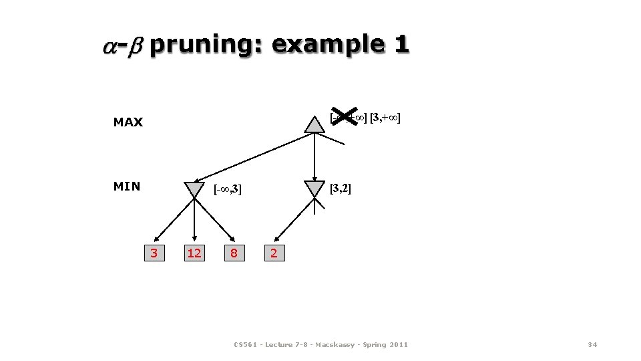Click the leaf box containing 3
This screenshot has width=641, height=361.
pyautogui.click(x=154, y=253)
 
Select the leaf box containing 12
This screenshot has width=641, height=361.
pyautogui.click(x=194, y=253)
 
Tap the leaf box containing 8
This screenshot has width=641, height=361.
pyautogui.click(x=234, y=253)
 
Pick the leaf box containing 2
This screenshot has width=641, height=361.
pyautogui.click(x=274, y=253)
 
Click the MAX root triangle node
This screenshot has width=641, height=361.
pyautogui.click(x=314, y=125)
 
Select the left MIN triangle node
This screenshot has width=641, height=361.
pyautogui.click(x=194, y=189)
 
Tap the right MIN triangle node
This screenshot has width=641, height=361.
pyautogui.click(x=314, y=189)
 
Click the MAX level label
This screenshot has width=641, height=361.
pyautogui.click(x=128, y=122)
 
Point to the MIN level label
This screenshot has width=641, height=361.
pyautogui.click(x=127, y=186)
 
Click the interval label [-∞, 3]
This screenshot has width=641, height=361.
pyautogui.click(x=228, y=190)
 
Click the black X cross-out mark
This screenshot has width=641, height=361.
pyautogui.click(x=345, y=118)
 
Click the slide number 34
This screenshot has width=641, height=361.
pyautogui.click(x=592, y=344)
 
